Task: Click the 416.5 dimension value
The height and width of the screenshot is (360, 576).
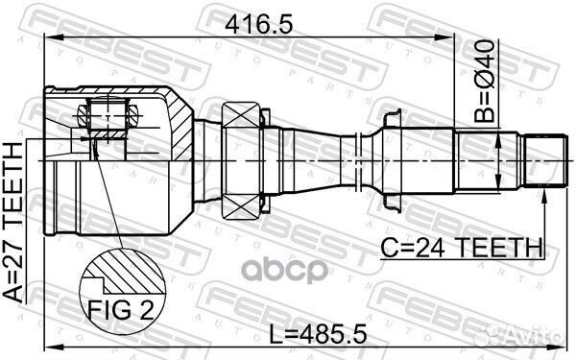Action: (x=259, y=25)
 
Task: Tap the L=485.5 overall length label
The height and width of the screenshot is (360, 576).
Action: (x=318, y=334)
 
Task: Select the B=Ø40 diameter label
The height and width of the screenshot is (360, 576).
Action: (x=484, y=81)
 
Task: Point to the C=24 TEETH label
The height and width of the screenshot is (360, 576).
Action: (x=462, y=248)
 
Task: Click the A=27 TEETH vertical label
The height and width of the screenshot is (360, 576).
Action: (x=13, y=223)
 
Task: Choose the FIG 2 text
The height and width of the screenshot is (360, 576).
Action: (x=121, y=309)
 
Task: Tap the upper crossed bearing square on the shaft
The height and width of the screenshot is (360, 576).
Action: (x=241, y=114)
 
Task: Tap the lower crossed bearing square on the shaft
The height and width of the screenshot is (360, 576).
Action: (x=241, y=206)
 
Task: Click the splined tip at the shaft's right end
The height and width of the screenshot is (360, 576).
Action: (x=543, y=160)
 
